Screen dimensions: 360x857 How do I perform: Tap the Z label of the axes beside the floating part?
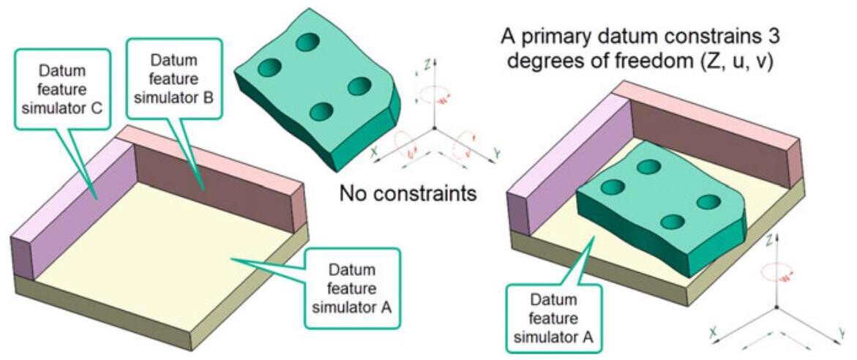pos(425,65)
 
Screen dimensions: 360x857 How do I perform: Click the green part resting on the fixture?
pos(659,212)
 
